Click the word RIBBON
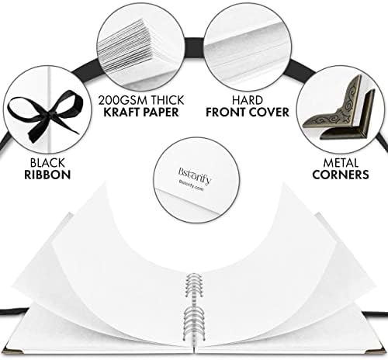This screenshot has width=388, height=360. [x=47, y=175]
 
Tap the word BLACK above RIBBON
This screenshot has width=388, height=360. [x=47, y=163]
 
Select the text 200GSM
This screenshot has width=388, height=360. [x=123, y=100]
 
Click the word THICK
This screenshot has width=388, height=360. [x=168, y=100]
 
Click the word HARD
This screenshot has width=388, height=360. [x=248, y=100]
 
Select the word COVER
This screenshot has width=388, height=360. [x=268, y=112]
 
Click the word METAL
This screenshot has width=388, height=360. [x=341, y=163]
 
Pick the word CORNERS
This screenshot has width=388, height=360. [x=341, y=175]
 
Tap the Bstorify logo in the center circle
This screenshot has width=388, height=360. [x=195, y=176]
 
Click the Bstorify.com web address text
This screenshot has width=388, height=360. [x=192, y=185]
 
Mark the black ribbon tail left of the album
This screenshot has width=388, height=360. [x=13, y=310]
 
